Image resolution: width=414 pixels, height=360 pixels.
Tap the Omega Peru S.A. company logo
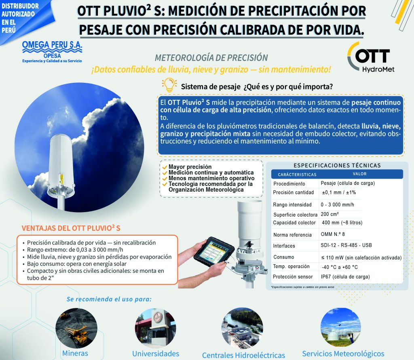pyautogui.click(x=52, y=52)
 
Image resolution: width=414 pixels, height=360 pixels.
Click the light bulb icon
pyautogui.click(x=169, y=85)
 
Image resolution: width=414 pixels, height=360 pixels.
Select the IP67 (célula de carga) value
pyautogui.click(x=345, y=277)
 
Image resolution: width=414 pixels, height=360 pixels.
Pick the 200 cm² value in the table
pyautogui.click(x=330, y=214)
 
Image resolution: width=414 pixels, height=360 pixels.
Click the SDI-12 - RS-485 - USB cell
pyautogui.click(x=346, y=245)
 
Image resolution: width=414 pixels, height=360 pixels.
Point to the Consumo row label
pyautogui.click(x=283, y=257)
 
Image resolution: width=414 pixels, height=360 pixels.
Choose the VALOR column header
pyautogui.click(x=359, y=174)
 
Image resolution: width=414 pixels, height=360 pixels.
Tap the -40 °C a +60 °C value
pyautogui.click(x=340, y=267)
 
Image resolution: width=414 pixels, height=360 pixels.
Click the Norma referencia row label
pyautogui.click(x=292, y=235)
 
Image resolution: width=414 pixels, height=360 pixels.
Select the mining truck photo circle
pyautogui.click(x=76, y=328)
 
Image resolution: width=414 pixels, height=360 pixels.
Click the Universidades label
pyautogui.click(x=156, y=354)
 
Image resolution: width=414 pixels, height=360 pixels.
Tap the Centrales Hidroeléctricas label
pyautogui.click(x=243, y=355)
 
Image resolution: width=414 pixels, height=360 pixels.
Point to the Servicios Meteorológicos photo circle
pyautogui.click(x=340, y=327)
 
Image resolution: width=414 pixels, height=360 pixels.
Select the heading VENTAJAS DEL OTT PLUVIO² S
pyautogui.click(x=71, y=228)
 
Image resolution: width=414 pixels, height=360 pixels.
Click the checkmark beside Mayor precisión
pyautogui.click(x=165, y=167)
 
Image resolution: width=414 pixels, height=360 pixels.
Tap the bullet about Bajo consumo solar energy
pyautogui.click(x=76, y=264)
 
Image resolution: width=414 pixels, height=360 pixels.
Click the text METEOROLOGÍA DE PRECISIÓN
pyautogui.click(x=211, y=57)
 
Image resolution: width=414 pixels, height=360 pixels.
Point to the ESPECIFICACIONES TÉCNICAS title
pyautogui.click(x=337, y=166)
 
